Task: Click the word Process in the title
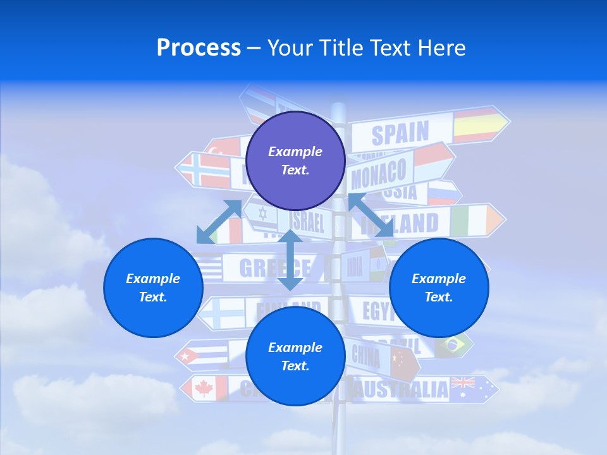pos(199,48)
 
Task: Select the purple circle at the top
pos(295,161)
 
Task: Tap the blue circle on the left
pos(153,288)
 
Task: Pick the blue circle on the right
pos(439,288)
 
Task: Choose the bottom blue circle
pos(295,356)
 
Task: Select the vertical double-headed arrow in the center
pos(290,260)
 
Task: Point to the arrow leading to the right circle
pos(371,215)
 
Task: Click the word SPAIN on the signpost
pos(400,133)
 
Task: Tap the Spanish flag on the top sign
pos(478,124)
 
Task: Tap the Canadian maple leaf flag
pos(205,388)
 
